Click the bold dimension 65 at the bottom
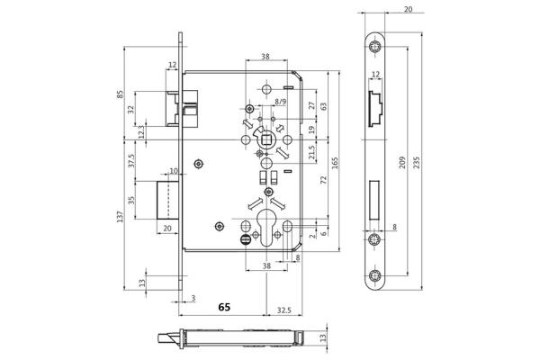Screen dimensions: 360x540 tap(224, 307)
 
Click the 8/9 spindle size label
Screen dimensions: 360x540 tap(282, 103)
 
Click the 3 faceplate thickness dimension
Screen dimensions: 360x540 tap(193, 297)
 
